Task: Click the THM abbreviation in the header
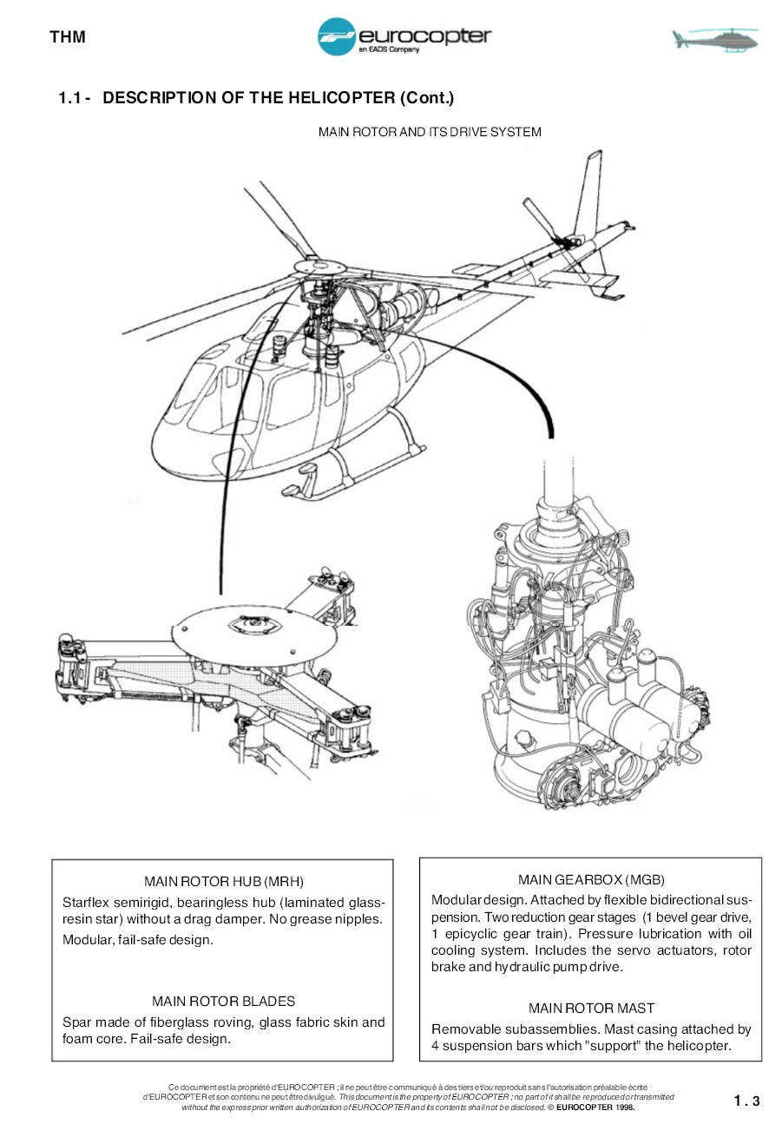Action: tap(67, 37)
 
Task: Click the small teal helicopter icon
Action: tap(714, 39)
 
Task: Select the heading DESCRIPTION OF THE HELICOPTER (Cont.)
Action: tap(278, 97)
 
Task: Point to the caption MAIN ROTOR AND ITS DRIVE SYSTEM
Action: tap(429, 132)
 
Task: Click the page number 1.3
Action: tap(746, 1101)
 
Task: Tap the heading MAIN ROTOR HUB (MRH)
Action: tap(223, 882)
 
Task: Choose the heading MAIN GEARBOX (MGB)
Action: tap(591, 880)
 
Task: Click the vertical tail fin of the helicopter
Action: tap(588, 193)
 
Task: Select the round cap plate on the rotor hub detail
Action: tap(253, 634)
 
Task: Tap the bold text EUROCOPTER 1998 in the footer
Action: tap(595, 1107)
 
